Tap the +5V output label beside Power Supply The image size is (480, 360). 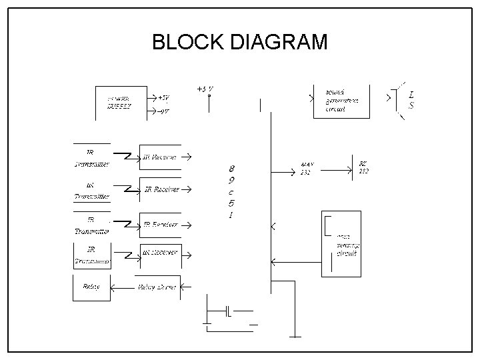pyautogui.click(x=162, y=97)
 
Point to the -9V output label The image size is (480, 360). pyautogui.click(x=162, y=111)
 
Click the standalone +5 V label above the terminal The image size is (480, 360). pyautogui.click(x=205, y=89)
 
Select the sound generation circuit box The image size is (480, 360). pyautogui.click(x=342, y=101)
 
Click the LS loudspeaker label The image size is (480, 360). pyautogui.click(x=411, y=100)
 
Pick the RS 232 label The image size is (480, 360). pyautogui.click(x=363, y=167)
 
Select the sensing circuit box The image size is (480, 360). pyautogui.click(x=342, y=244)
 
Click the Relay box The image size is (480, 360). pyautogui.click(x=91, y=287)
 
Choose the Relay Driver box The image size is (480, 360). pyautogui.click(x=157, y=287)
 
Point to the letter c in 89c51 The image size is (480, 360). pyautogui.click(x=231, y=192)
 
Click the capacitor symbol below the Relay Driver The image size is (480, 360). pyautogui.click(x=228, y=311)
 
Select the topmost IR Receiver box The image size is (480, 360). pyautogui.click(x=159, y=157)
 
